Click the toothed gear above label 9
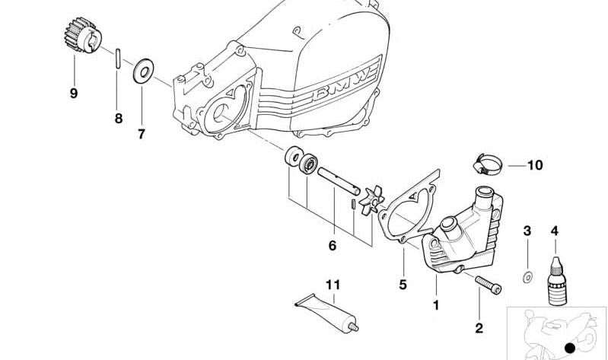pos(83,35)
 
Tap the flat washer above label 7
pos(143,71)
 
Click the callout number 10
pos(535,165)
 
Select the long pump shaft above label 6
pos(339,181)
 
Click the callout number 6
pos(333,246)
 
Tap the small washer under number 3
pos(527,277)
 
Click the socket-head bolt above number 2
pos(489,285)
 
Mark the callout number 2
pos(479,328)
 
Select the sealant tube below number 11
pos(326,312)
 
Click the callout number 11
pos(333,285)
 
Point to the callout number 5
pos(403,285)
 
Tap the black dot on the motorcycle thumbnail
pos(570,348)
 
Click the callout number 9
pos(74,93)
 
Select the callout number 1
pos(436,305)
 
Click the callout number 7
pos(141,134)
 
